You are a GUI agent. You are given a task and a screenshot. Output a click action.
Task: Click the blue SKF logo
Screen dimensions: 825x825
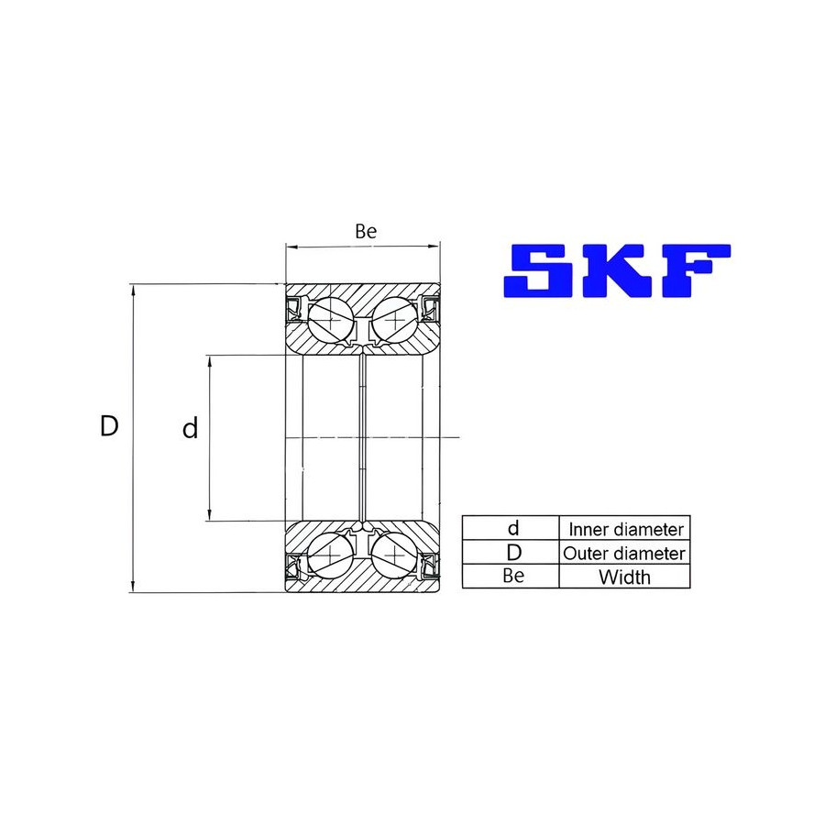tap(617, 270)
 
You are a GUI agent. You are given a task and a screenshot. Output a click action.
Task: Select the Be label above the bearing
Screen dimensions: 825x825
tap(366, 231)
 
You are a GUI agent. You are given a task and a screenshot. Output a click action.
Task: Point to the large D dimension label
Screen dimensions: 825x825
tap(109, 425)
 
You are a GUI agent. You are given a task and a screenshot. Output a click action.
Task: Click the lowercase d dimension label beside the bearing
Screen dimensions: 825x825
tap(190, 428)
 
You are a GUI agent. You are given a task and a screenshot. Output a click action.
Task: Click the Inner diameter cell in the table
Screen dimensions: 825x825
tap(625, 529)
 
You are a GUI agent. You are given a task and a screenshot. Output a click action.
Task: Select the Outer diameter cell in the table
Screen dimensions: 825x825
tap(624, 553)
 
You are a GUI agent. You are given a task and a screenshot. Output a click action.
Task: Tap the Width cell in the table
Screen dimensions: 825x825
tap(624, 577)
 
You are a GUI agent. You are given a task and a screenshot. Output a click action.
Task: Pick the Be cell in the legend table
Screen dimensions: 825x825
tap(513, 577)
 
